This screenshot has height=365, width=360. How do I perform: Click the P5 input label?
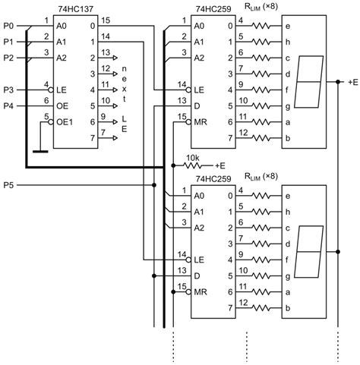coord(8,184)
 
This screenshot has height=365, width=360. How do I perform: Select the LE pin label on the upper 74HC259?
coord(200,90)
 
